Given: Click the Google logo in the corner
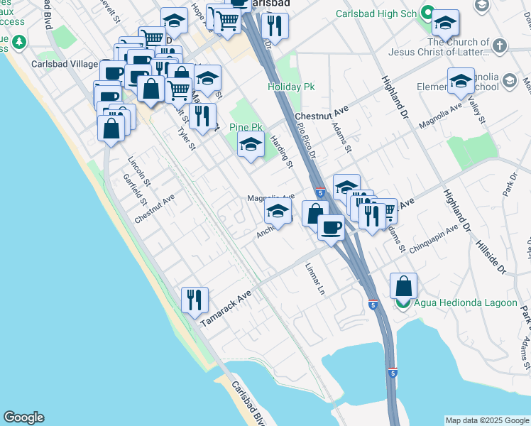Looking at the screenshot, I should pyautogui.click(x=23, y=417).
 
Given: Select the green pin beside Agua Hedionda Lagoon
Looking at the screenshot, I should pyautogui.click(x=403, y=304).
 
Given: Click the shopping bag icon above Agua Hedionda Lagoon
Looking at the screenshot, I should pyautogui.click(x=403, y=286).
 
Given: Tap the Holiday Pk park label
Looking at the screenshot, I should pyautogui.click(x=291, y=87).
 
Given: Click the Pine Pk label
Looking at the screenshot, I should pyautogui.click(x=246, y=127).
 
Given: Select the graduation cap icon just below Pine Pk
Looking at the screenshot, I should pyautogui.click(x=250, y=146).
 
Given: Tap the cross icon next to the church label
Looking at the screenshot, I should pyautogui.click(x=500, y=46).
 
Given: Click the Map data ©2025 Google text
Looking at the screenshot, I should pyautogui.click(x=486, y=420).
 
